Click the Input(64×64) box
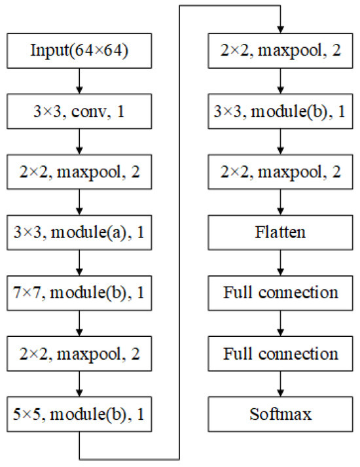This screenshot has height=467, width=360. tap(79, 51)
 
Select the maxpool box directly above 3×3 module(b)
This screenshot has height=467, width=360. tap(280, 51)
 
